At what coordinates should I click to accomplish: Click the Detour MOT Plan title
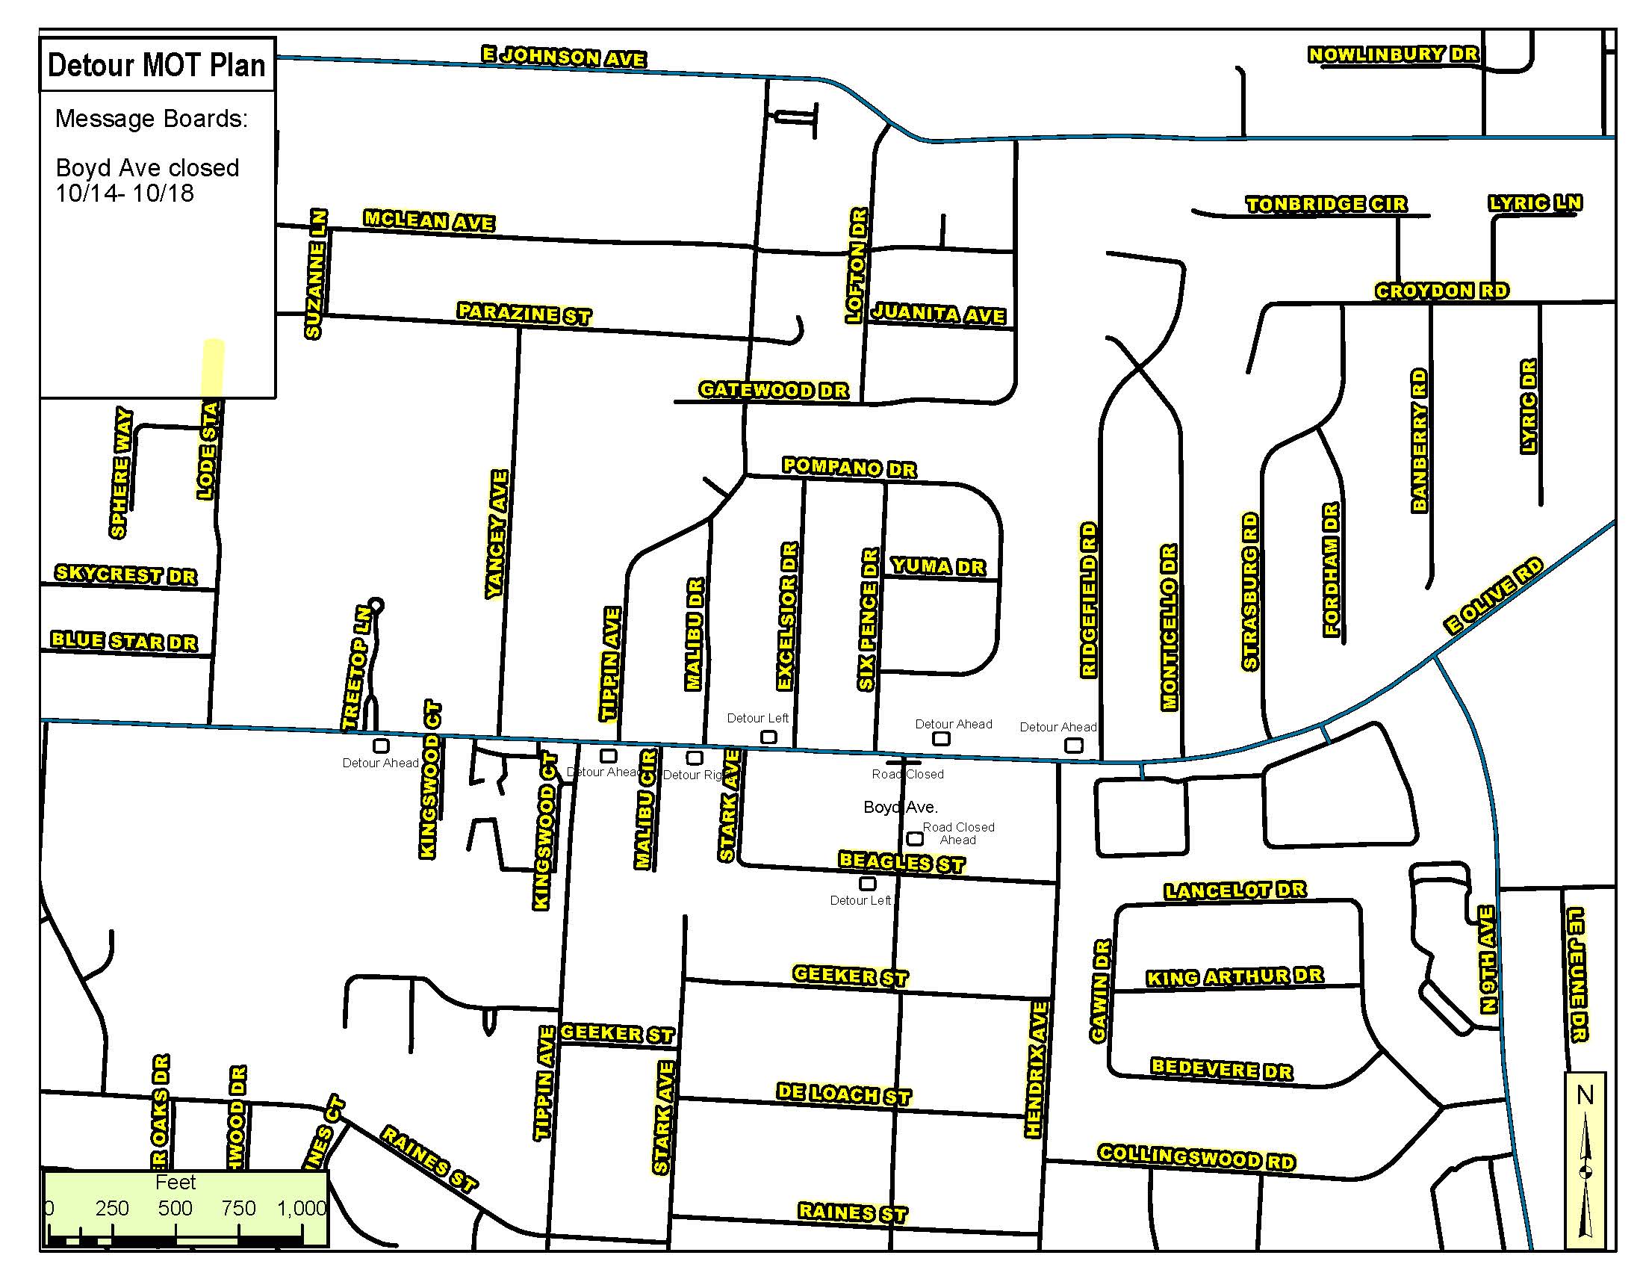(157, 66)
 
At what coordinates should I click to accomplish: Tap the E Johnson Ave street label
(563, 57)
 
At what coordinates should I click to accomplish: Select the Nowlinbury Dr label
(1394, 55)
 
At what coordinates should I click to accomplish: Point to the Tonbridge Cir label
(1326, 204)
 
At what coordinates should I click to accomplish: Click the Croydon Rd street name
(1441, 291)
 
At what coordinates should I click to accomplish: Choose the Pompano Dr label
(848, 467)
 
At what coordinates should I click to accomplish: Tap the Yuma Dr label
(937, 566)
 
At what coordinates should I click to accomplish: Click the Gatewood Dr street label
(774, 390)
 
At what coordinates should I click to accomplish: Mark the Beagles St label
(901, 862)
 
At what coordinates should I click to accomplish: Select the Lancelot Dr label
(1235, 890)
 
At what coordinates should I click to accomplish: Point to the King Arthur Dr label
(1234, 976)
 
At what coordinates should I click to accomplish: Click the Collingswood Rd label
(1196, 1156)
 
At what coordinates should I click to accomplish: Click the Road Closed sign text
(907, 774)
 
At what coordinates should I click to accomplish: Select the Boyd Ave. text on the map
(901, 808)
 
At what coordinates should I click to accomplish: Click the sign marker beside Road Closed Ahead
(915, 838)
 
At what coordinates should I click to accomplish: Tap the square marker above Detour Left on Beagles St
(867, 883)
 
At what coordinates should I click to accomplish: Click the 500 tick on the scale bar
(176, 1209)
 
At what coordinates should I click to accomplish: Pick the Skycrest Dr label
(125, 574)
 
